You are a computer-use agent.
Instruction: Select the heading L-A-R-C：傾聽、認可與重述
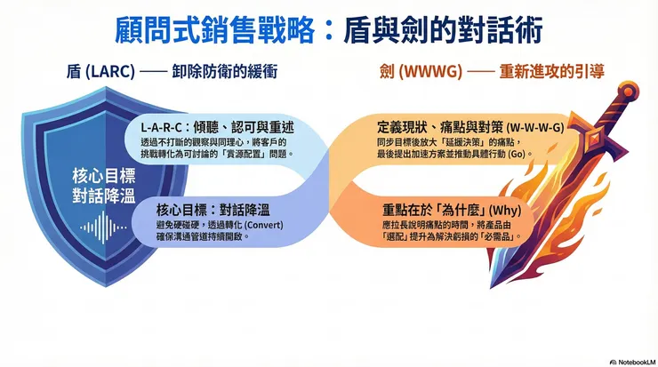(218, 129)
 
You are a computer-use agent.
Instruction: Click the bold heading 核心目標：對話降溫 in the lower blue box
(213, 210)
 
